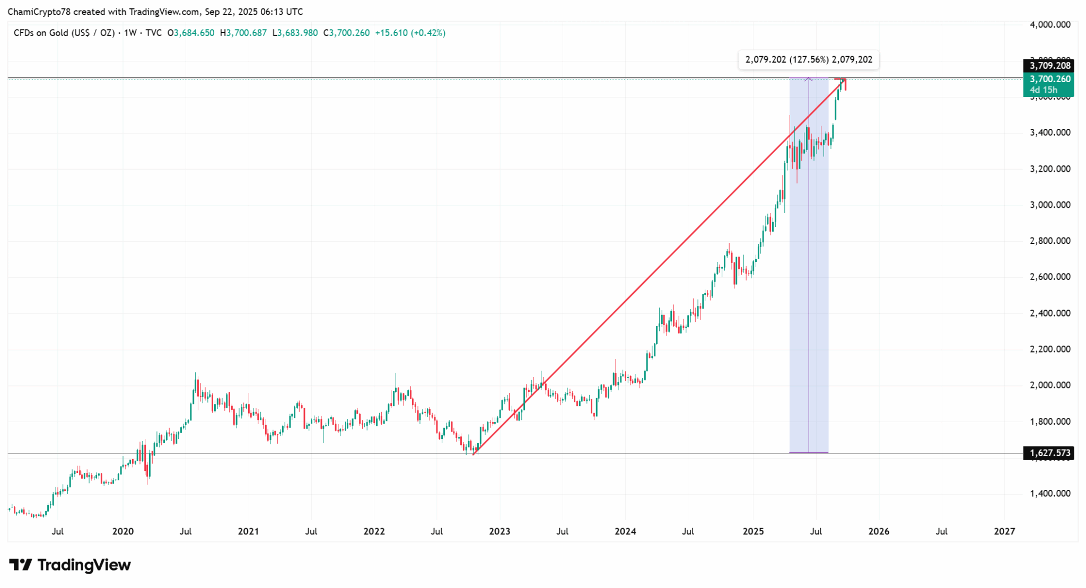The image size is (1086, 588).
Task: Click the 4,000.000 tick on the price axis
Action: [x=1049, y=24]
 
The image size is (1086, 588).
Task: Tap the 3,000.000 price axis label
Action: [x=1049, y=205]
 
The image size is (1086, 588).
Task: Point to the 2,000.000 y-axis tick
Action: [x=1049, y=385]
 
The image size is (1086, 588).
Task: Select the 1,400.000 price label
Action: [x=1049, y=493]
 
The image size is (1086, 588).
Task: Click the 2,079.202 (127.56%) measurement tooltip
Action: [x=808, y=59]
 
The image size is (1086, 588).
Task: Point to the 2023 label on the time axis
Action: [x=499, y=531]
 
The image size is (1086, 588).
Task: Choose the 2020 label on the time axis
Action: [x=122, y=531]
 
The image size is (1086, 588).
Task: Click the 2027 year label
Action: [x=1004, y=531]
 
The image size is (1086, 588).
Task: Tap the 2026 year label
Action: [x=879, y=531]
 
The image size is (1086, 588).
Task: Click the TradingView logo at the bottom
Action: [x=70, y=565]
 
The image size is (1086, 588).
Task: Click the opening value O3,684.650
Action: [x=191, y=33]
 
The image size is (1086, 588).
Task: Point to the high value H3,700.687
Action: [x=243, y=33]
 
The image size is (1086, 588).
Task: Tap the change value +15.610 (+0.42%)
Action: [x=410, y=33]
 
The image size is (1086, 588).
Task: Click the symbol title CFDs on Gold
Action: [x=64, y=33]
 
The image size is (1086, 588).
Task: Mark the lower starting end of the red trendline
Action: [x=474, y=454]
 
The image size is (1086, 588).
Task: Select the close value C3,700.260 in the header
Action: [x=347, y=33]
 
